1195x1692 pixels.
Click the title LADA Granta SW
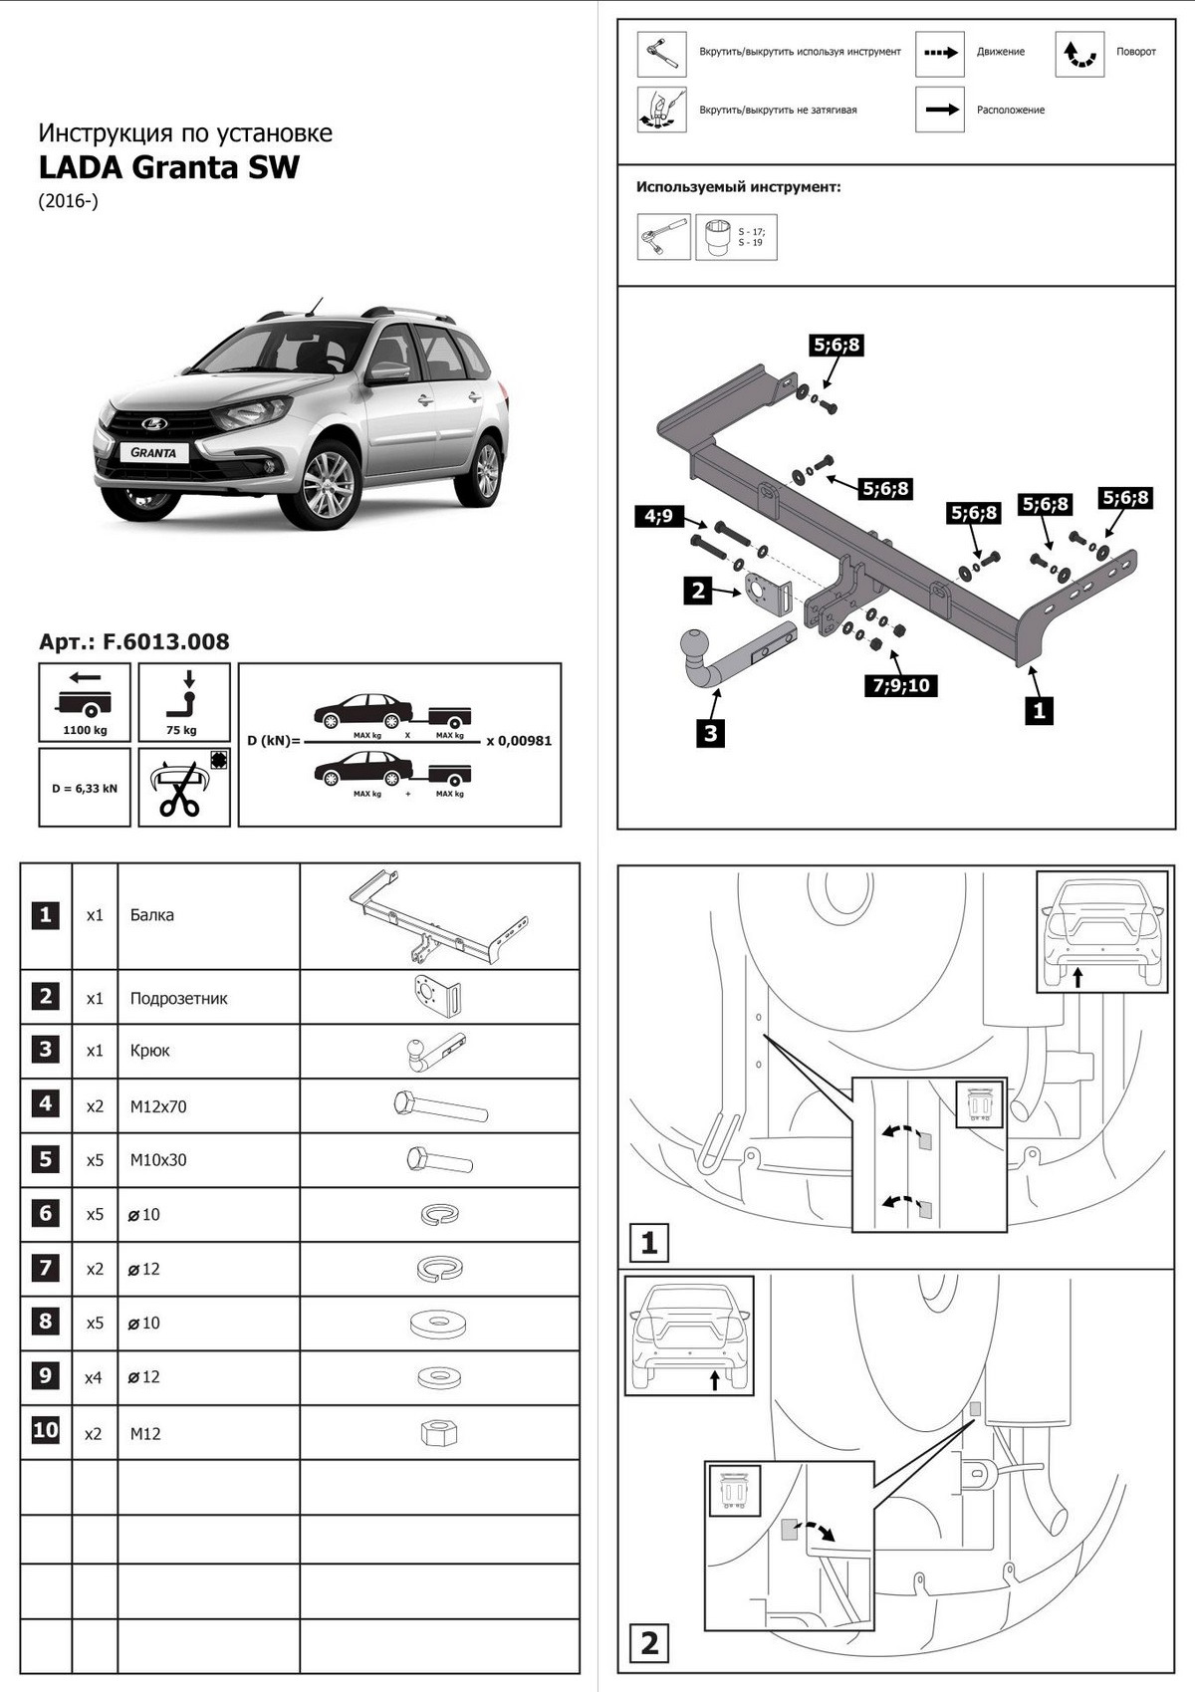[168, 166]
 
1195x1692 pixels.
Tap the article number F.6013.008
[133, 642]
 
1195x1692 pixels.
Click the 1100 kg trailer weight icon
[85, 702]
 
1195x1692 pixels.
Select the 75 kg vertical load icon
[184, 702]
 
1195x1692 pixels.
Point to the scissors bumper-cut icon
[184, 788]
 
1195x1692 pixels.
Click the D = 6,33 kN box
[85, 788]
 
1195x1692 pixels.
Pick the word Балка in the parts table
[151, 915]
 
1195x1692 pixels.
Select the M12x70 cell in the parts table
[158, 1106]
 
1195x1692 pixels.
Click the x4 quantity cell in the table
[94, 1377]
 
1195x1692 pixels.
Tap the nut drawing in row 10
[438, 1433]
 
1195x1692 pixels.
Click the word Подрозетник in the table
[178, 998]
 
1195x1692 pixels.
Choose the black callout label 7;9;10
[901, 685]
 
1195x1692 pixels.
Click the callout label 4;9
[658, 516]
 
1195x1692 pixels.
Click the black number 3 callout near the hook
[710, 734]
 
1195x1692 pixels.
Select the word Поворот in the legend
[1135, 52]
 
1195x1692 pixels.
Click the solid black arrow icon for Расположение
[939, 110]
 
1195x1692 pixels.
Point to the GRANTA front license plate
[153, 452]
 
